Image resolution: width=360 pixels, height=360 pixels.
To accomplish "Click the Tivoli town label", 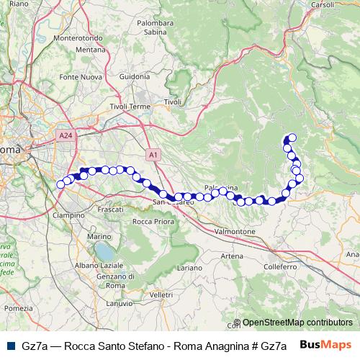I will (173, 102).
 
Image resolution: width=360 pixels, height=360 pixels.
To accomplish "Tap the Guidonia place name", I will (135, 76).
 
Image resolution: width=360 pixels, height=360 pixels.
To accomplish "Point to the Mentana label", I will (91, 49).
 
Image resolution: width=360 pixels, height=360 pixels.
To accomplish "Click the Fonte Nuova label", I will (80, 76).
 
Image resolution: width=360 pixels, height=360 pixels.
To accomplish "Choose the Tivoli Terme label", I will (130, 107).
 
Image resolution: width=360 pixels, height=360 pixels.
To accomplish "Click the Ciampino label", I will (69, 215).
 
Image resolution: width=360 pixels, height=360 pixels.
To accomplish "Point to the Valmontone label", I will (235, 232).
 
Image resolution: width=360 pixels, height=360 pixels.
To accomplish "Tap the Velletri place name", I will (162, 295).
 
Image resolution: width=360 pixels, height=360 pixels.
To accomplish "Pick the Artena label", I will (232, 256).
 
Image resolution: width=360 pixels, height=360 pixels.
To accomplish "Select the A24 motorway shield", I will (66, 134).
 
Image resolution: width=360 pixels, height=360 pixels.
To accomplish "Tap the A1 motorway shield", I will (154, 154).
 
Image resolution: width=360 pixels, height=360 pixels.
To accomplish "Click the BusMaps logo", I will (325, 344).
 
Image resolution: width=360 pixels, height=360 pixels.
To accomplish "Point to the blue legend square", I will (10, 345).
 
